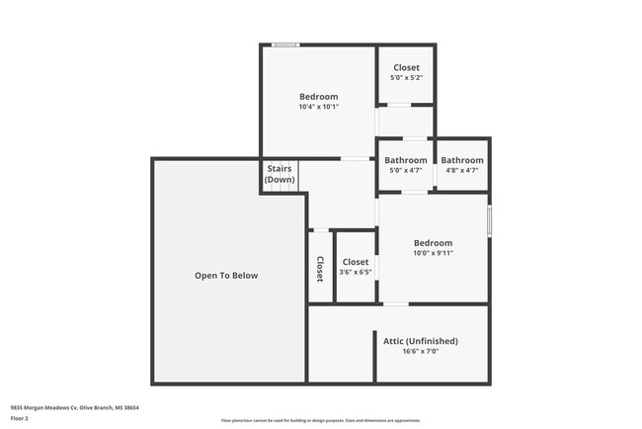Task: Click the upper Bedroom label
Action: point(318,97)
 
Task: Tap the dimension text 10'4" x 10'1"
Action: point(318,107)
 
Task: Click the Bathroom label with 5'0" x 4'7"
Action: point(406,160)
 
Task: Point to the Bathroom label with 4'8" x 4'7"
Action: point(462,160)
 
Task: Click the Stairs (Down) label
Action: point(280,174)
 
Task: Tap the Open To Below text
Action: point(226,276)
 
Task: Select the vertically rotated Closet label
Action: point(320,270)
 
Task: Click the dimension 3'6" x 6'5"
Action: point(356,272)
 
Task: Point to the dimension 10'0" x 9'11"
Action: point(433,253)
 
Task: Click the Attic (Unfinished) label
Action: point(421,341)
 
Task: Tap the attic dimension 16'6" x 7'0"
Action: point(421,351)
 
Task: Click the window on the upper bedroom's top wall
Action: point(286,44)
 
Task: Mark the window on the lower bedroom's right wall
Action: point(489,219)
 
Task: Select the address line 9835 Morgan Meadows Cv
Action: point(74,406)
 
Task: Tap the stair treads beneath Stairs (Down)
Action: point(280,188)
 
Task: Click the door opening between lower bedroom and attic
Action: point(394,303)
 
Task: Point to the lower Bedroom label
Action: point(433,243)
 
